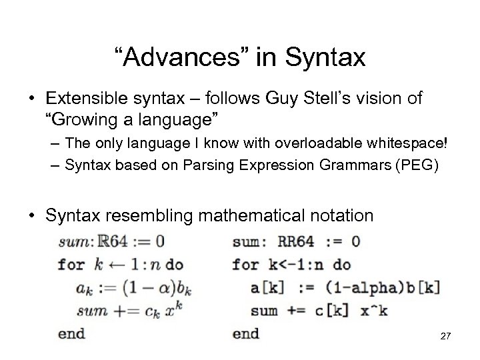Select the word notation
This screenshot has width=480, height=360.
pos(348,215)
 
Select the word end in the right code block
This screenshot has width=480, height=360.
pos(245,333)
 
